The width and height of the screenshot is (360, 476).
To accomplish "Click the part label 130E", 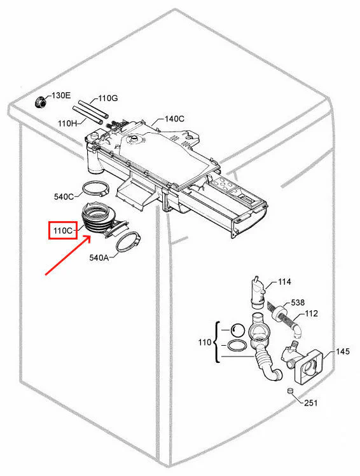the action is coord(61,95).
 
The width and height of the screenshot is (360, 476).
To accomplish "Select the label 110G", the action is coord(108,99).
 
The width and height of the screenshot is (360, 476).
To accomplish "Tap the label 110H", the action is coord(67,123).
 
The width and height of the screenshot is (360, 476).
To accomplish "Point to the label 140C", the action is coord(174,119).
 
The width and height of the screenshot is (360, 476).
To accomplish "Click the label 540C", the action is coord(64,196).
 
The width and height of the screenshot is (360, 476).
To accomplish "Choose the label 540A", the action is coord(99,258).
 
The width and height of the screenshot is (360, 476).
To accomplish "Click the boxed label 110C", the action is coord(63,231).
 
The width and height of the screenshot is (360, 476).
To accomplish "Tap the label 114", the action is coord(284,282).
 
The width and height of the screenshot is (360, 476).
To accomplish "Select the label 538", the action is coord(298,303).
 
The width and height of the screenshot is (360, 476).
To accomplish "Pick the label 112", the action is coord(311,313).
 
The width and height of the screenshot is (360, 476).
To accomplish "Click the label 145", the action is coord(343,351).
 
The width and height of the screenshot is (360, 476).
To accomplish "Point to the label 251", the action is coord(311,403).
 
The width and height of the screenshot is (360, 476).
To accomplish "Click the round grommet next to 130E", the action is coord(40,102).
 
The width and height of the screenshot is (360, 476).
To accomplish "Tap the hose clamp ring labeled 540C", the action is coord(95,189).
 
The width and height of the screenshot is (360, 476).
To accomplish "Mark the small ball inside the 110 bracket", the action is coord(237,330).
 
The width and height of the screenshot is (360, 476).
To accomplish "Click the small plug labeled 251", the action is coord(290,391).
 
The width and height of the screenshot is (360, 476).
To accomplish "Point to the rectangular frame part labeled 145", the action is coord(310,367).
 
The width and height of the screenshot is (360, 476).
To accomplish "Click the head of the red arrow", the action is coord(90,236).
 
